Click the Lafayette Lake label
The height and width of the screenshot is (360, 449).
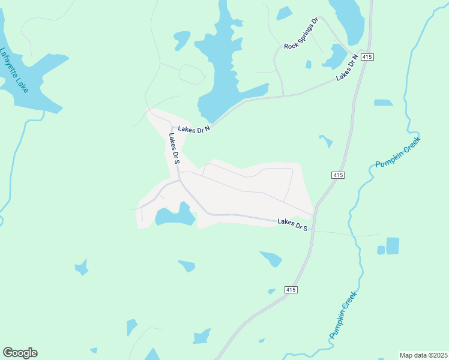(x=15, y=70)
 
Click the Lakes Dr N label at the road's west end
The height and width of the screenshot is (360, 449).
(x=194, y=128)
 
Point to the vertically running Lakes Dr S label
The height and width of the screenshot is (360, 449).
(x=174, y=148)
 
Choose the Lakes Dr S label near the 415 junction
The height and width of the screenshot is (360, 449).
(x=292, y=224)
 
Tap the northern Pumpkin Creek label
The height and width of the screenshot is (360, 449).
(x=398, y=153)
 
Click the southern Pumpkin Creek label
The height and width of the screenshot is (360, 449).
(x=343, y=314)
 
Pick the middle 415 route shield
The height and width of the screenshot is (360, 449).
(x=338, y=175)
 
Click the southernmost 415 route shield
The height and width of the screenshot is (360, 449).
(x=291, y=290)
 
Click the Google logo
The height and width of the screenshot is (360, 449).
(x=20, y=353)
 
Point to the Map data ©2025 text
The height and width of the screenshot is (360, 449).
(x=423, y=355)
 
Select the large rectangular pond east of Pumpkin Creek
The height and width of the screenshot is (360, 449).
(x=393, y=246)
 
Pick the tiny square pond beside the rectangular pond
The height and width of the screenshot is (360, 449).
(x=381, y=250)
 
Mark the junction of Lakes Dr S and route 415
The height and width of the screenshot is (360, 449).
(x=314, y=214)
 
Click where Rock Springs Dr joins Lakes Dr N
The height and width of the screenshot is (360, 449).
(x=283, y=95)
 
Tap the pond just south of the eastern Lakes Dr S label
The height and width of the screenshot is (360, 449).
(x=271, y=259)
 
